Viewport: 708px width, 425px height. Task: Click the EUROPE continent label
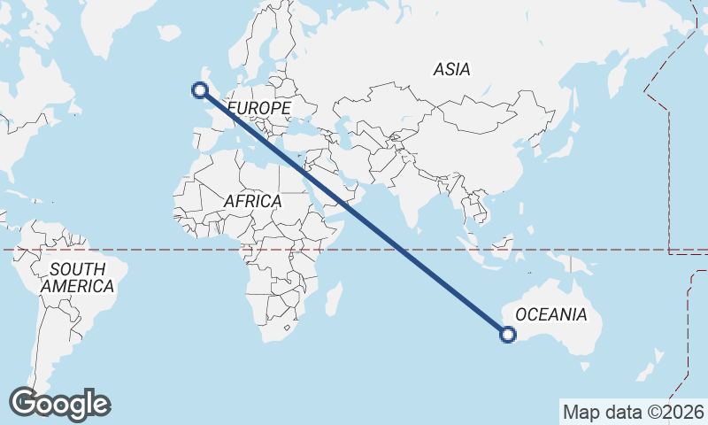258,108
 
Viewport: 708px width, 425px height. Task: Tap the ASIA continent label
451,69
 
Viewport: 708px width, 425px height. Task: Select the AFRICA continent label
252,201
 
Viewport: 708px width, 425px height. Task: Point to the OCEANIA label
550,314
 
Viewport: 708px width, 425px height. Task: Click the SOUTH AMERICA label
78,277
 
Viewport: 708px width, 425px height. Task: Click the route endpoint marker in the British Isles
200,89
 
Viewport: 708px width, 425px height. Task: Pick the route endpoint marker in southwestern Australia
508,334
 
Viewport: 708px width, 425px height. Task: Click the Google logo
59,404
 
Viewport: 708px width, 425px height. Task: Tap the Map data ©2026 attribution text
634,412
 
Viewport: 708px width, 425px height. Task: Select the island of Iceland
168,33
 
